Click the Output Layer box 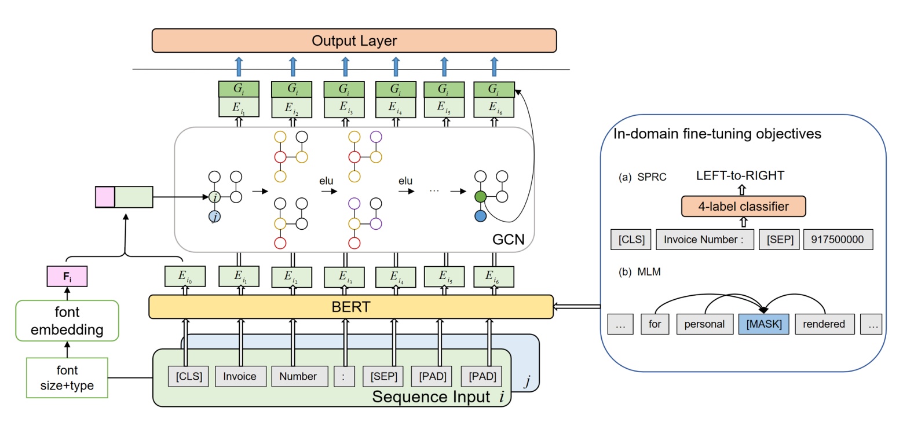[x=354, y=41]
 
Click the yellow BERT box [x=351, y=307]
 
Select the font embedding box [x=67, y=321]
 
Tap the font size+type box [x=67, y=378]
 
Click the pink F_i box [x=67, y=276]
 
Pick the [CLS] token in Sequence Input [x=189, y=376]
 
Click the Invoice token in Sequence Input [x=240, y=376]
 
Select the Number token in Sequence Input [x=298, y=376]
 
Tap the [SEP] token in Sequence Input [x=383, y=376]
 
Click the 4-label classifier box [x=743, y=207]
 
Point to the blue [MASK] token [x=764, y=324]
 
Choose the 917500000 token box [x=838, y=240]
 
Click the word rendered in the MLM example [x=824, y=324]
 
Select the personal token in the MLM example [x=704, y=324]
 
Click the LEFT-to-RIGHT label [x=740, y=175]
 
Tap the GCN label [x=508, y=240]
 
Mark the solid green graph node [x=480, y=197]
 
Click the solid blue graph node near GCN [x=480, y=216]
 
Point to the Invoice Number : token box [x=704, y=240]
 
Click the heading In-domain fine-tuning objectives [x=717, y=134]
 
